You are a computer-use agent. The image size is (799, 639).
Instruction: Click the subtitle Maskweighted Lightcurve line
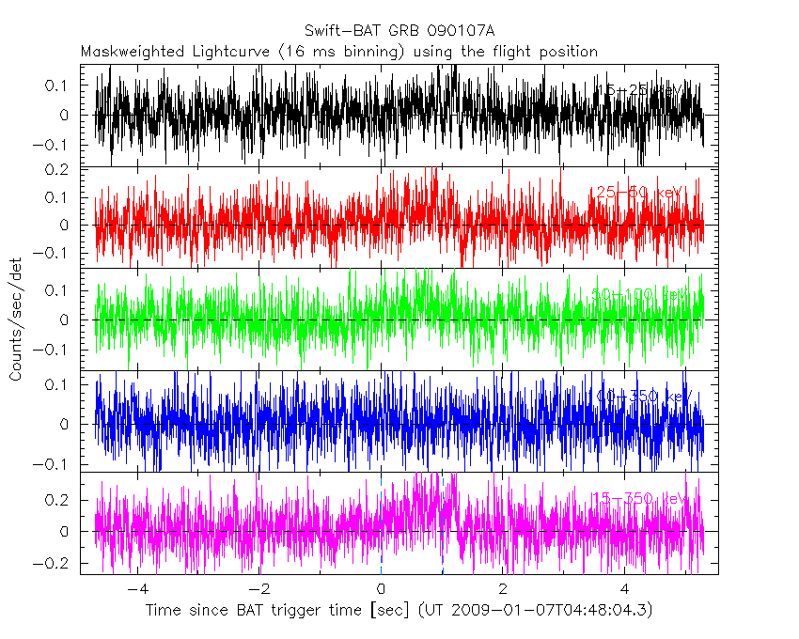(x=339, y=52)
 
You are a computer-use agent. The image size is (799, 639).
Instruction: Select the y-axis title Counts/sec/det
(x=16, y=319)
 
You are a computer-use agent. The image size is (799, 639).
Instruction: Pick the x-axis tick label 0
(x=382, y=590)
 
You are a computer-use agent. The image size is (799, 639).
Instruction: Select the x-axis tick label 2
(x=503, y=590)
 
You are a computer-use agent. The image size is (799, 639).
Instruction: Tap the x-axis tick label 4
(x=625, y=590)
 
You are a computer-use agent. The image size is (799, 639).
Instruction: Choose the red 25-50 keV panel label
(x=636, y=193)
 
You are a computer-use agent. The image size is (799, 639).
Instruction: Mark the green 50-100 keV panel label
(x=638, y=295)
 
